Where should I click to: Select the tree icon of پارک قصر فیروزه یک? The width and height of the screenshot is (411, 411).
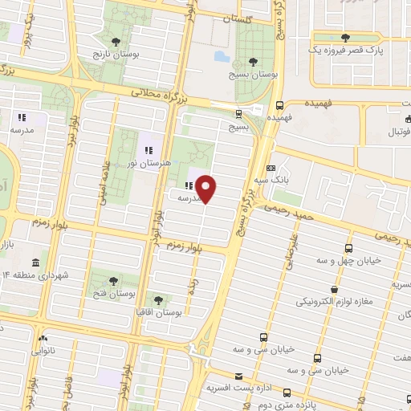pos(346,38)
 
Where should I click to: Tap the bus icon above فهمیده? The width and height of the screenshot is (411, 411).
pos(279,105)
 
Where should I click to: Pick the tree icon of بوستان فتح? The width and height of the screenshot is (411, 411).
pos(112,280)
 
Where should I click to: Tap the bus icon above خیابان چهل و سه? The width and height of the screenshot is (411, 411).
pos(348,248)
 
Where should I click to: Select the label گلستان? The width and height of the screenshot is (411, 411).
pos(237,18)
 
